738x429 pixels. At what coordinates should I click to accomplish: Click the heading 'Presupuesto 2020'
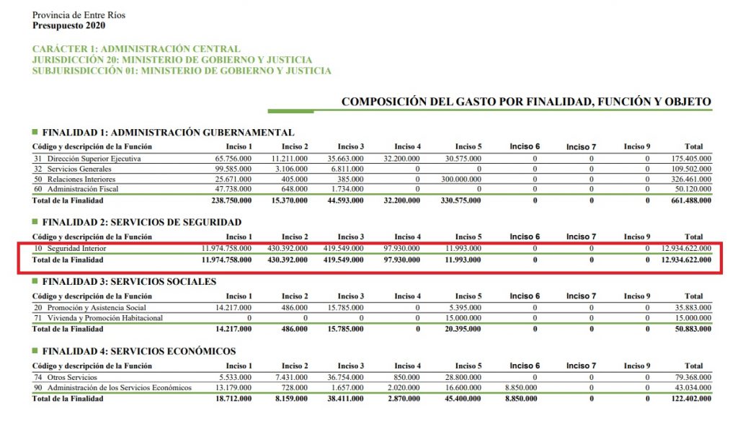pos(68,26)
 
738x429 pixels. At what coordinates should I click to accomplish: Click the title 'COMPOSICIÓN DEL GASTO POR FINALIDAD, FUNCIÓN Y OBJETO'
pos(526,102)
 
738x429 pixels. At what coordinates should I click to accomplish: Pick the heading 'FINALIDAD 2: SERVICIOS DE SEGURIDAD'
pos(141,222)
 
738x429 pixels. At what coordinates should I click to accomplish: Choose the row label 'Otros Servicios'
pos(76,377)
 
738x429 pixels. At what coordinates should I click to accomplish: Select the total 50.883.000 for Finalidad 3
pos(690,329)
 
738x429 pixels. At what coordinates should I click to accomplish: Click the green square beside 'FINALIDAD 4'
pos(35,351)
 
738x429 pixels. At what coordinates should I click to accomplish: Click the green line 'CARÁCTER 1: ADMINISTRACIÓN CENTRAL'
pos(136,49)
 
